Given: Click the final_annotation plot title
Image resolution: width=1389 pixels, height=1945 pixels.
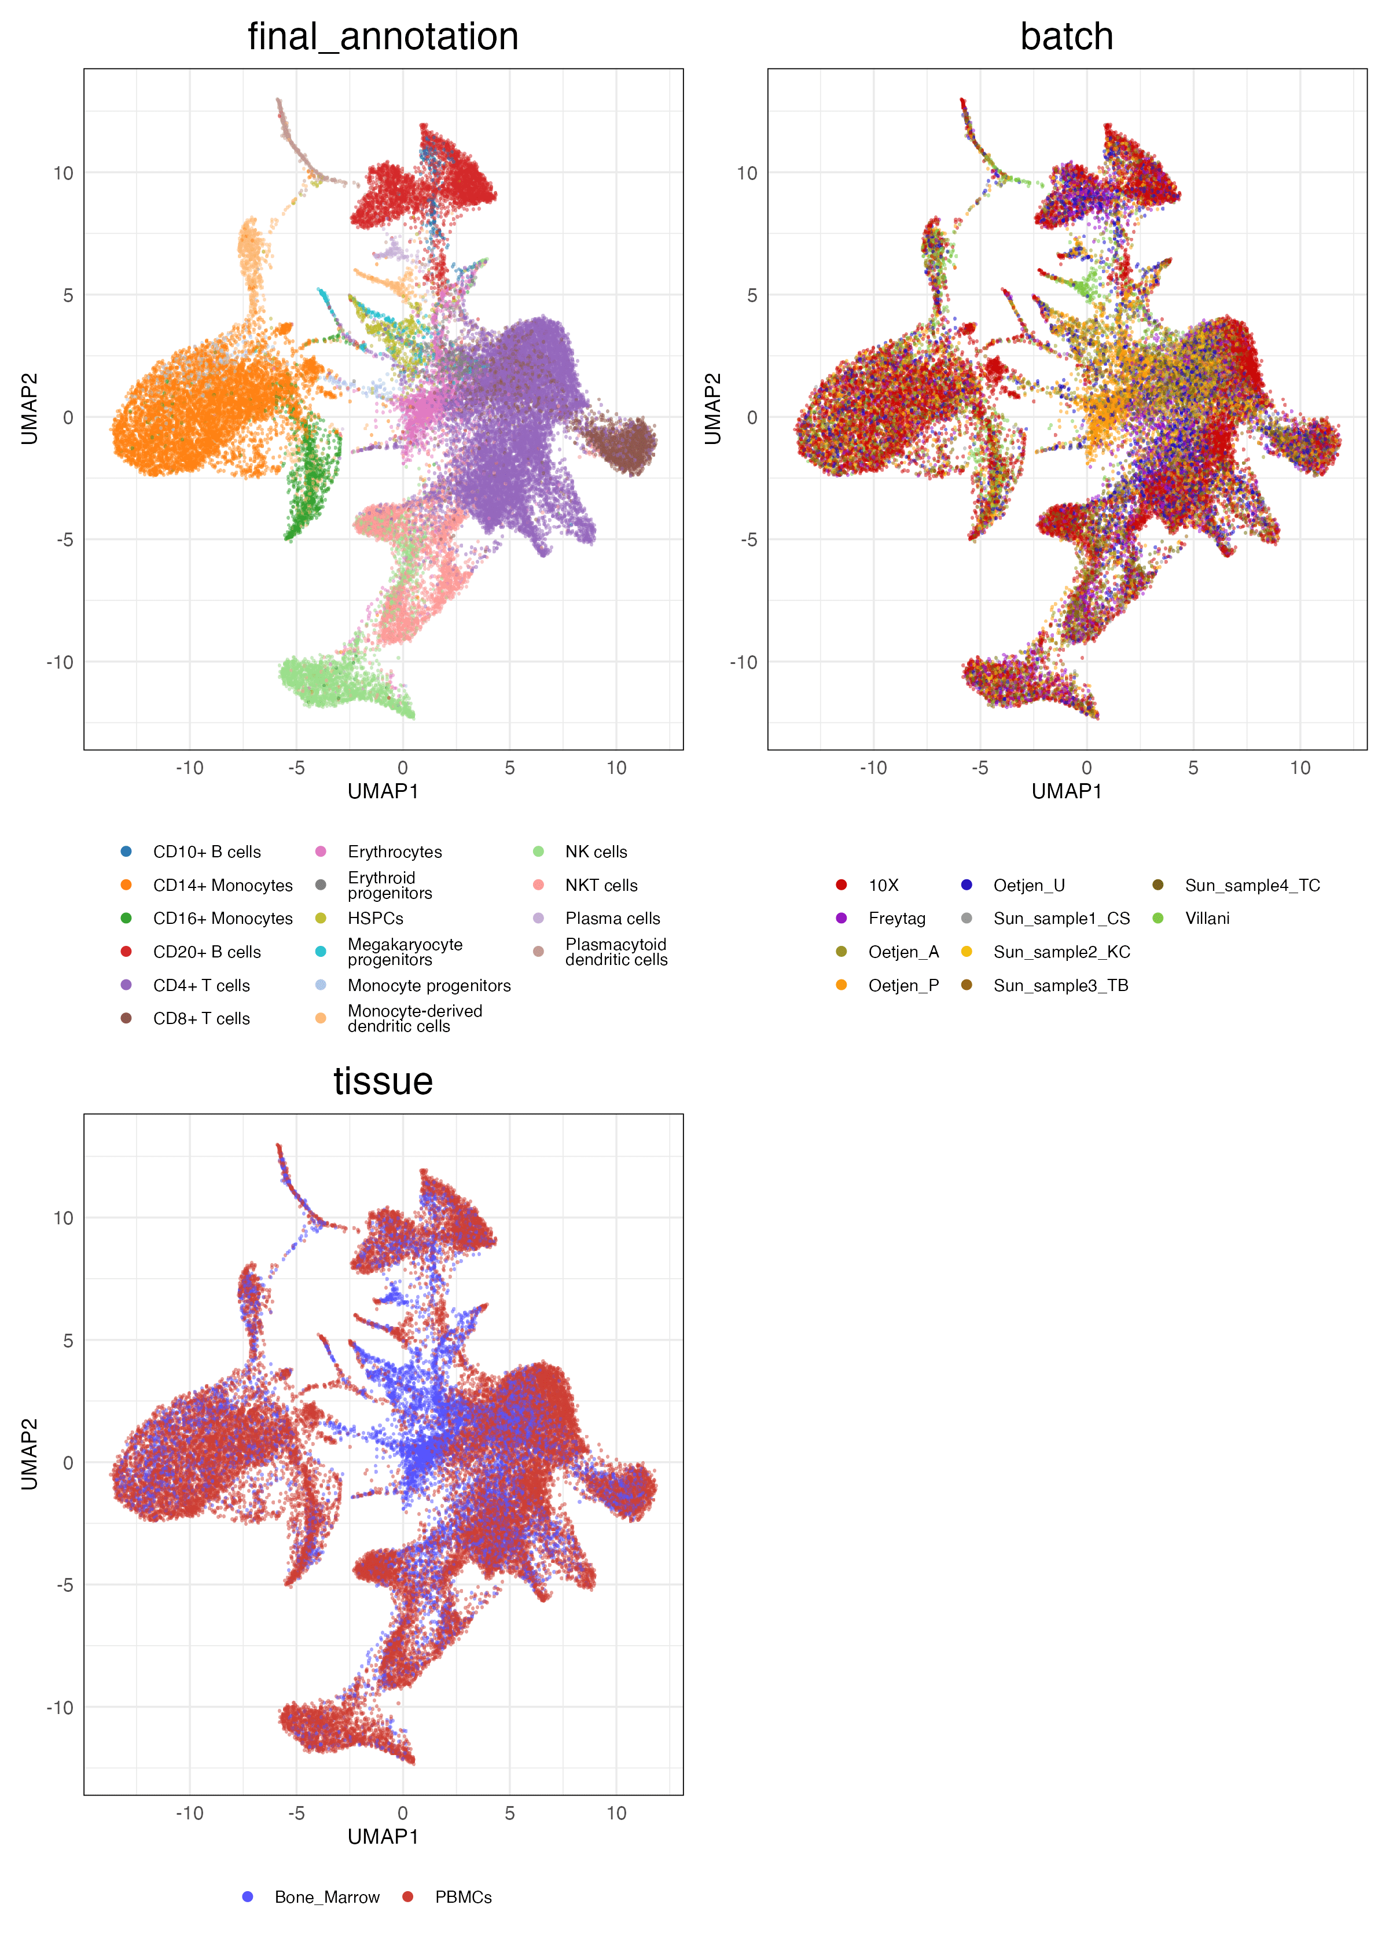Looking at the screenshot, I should pyautogui.click(x=383, y=37).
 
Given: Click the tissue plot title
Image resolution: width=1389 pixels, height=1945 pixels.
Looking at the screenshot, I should pyautogui.click(x=383, y=1081).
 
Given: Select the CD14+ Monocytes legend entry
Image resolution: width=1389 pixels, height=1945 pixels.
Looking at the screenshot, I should pyautogui.click(x=222, y=885).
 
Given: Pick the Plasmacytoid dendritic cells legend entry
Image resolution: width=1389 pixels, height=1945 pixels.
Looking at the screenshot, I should pyautogui.click(x=615, y=952).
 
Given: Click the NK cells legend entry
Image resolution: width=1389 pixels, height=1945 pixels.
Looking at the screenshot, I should pyautogui.click(x=596, y=852).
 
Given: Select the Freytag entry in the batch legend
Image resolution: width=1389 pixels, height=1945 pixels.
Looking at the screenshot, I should pyautogui.click(x=896, y=919).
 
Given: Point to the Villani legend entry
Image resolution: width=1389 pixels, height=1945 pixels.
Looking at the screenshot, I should pyautogui.click(x=1207, y=919).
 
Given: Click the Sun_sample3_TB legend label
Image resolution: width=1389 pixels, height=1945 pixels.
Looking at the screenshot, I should pyautogui.click(x=1061, y=985).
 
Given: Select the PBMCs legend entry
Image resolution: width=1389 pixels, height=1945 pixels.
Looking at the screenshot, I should pyautogui.click(x=463, y=1897).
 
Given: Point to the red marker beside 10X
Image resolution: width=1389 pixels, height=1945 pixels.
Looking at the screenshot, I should pyautogui.click(x=842, y=885).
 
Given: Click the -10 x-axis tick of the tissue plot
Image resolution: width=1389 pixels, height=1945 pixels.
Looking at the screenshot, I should pyautogui.click(x=189, y=1813).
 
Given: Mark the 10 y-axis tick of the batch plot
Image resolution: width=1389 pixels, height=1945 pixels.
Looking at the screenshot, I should pyautogui.click(x=747, y=174).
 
